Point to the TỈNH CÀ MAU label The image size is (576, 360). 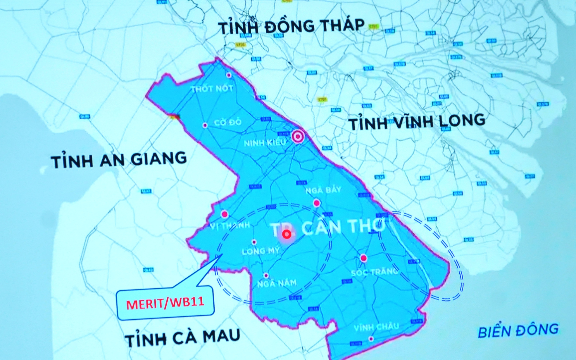point(182,337)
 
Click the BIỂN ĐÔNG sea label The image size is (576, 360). point(518,331)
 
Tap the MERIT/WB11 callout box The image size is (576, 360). point(165,303)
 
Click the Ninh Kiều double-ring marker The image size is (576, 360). point(298,136)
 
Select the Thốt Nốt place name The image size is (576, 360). point(212,88)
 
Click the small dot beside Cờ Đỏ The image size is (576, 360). point(205,125)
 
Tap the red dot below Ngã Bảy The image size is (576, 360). point(317,203)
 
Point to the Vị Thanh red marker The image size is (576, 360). point(225,214)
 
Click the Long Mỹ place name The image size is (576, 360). point(261,251)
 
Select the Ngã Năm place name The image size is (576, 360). point(277,283)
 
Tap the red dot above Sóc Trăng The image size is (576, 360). point(363,258)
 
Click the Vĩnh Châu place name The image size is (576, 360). point(376,327)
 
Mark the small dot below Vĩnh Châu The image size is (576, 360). point(371,339)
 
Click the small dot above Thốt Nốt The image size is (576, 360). point(229,75)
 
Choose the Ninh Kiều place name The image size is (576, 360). point(265,143)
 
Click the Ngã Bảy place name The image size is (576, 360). point(323,190)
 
